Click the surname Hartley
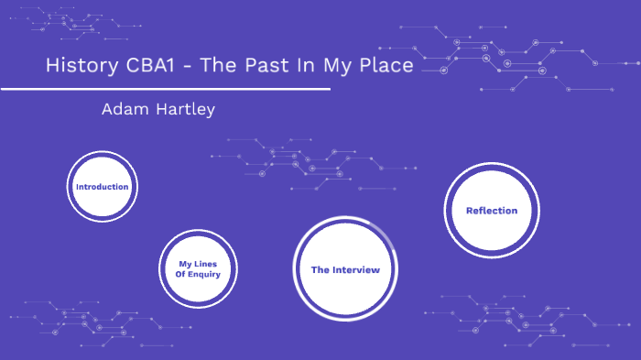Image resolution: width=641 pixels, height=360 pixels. [184, 110]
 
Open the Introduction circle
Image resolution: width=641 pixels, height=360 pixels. [102, 187]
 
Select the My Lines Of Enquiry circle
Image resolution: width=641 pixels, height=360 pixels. [198, 268]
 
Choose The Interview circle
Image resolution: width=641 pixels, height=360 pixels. [344, 270]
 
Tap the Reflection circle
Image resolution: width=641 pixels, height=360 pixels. [491, 211]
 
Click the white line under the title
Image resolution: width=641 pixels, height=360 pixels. [165, 90]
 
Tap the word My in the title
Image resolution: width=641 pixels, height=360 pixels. [333, 67]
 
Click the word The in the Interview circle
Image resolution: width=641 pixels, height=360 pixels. [320, 270]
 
